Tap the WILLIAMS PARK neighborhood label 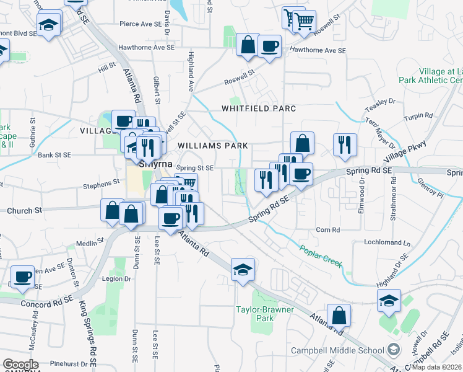(213, 146)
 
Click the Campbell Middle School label (337, 350)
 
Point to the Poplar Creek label (321, 255)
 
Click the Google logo (20, 365)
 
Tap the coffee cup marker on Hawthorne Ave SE (269, 46)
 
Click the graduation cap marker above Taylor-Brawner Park (243, 269)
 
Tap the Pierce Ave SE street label (141, 24)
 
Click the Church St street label (24, 211)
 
